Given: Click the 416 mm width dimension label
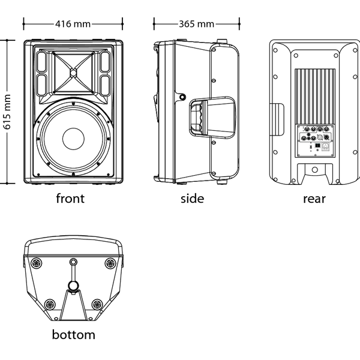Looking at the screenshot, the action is click(73, 24).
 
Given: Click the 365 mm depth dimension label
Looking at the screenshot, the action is click(196, 24).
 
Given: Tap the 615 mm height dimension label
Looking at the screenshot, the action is click(7, 112).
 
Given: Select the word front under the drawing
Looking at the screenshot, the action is click(70, 199).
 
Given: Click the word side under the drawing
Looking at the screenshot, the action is click(192, 199).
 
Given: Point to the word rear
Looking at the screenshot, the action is click(314, 199).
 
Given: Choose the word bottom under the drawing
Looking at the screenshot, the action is click(73, 335).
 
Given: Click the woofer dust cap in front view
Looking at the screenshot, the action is click(73, 139).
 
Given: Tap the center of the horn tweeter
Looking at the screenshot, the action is click(73, 73).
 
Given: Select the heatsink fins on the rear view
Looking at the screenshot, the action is click(315, 97).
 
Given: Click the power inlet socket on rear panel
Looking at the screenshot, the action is click(325, 146).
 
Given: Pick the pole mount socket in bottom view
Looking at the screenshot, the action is click(73, 286).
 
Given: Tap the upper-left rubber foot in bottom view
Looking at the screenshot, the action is click(37, 263).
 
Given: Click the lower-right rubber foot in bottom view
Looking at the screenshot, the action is click(97, 304).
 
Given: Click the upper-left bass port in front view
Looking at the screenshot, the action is click(41, 62).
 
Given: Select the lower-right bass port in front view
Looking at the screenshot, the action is click(106, 85).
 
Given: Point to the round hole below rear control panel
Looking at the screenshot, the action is click(315, 170).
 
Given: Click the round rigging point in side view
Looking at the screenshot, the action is click(182, 97).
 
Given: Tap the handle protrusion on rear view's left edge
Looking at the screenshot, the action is click(277, 119).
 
